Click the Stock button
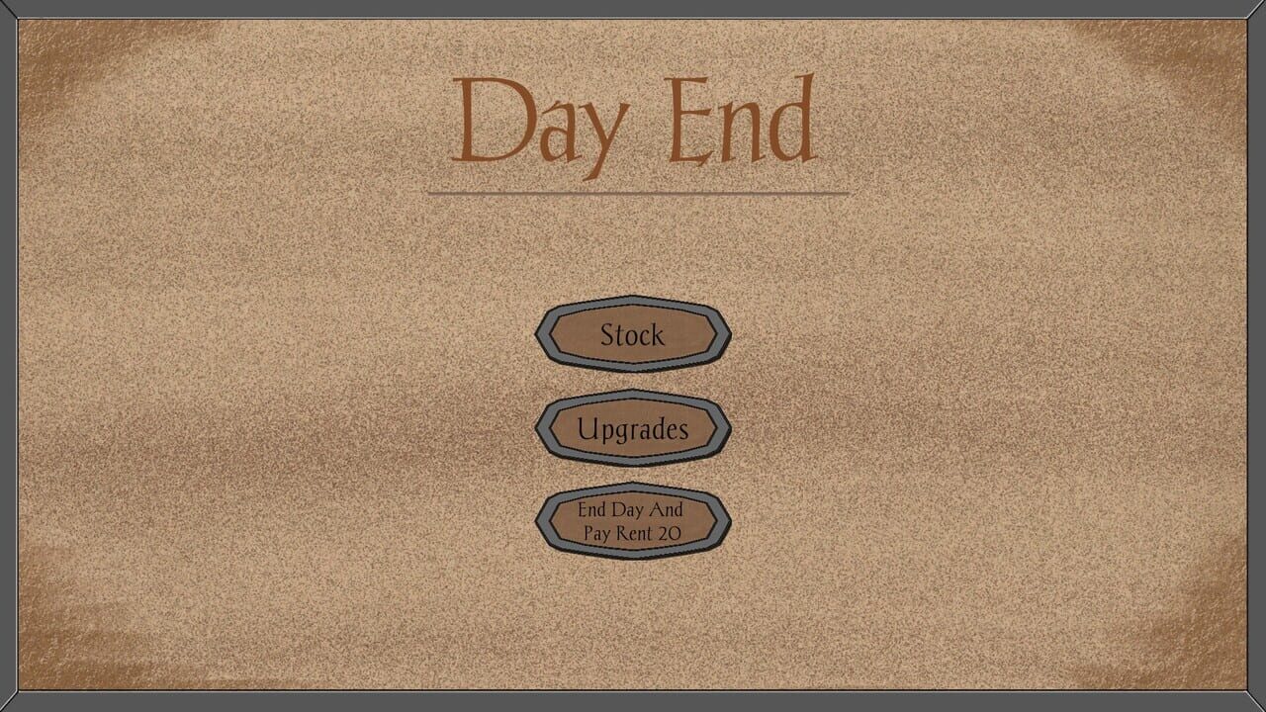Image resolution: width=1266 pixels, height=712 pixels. (x=633, y=334)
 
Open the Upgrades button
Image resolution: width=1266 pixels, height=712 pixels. (x=633, y=428)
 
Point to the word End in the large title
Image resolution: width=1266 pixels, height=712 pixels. (x=742, y=120)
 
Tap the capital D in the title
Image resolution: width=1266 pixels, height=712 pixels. (x=494, y=120)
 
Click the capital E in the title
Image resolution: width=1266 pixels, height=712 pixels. (x=687, y=121)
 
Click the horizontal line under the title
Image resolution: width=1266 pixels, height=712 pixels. (x=639, y=193)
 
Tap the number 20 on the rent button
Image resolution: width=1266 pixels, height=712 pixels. (x=670, y=533)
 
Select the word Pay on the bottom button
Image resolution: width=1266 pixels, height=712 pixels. (x=596, y=534)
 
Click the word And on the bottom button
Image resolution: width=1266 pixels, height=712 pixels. (x=666, y=509)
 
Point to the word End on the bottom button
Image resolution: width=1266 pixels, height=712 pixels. (x=591, y=509)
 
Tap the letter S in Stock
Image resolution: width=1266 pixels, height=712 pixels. (x=608, y=334)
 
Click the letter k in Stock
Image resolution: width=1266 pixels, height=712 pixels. (x=656, y=334)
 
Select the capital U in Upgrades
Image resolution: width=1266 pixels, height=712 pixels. (x=588, y=428)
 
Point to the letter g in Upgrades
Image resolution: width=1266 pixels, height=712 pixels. (x=624, y=433)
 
